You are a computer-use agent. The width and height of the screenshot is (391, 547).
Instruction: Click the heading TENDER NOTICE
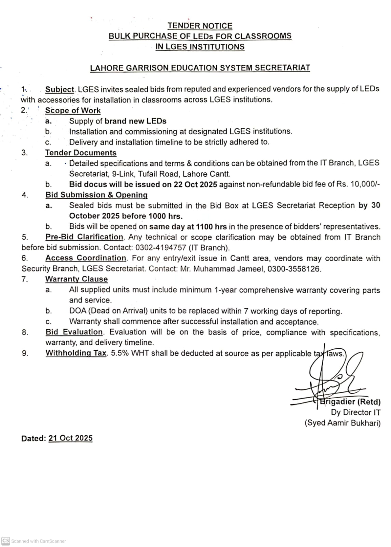click(200, 26)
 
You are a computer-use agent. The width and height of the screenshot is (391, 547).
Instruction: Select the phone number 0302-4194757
click(161, 248)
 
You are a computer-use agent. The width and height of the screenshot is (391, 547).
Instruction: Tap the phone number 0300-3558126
click(294, 269)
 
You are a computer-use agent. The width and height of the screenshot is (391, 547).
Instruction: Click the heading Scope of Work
click(73, 111)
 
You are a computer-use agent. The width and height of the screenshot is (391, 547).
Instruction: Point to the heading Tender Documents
click(81, 153)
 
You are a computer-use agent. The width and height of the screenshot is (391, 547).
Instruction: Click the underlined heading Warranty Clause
click(77, 279)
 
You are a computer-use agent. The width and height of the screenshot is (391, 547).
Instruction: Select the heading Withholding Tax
click(76, 353)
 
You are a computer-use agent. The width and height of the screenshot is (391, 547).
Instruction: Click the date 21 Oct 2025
click(70, 438)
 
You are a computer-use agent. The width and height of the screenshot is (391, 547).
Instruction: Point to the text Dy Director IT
click(355, 413)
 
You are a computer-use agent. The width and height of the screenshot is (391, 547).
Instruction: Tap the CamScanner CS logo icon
click(5, 541)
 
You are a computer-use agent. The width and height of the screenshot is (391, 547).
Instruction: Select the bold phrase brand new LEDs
click(135, 121)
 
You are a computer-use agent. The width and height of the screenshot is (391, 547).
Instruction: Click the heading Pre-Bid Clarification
click(84, 237)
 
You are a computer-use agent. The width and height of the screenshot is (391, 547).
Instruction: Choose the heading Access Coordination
click(86, 258)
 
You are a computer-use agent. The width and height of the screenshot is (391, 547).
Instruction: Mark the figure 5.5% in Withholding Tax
click(120, 353)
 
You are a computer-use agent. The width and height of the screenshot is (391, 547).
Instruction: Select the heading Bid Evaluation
click(74, 332)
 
